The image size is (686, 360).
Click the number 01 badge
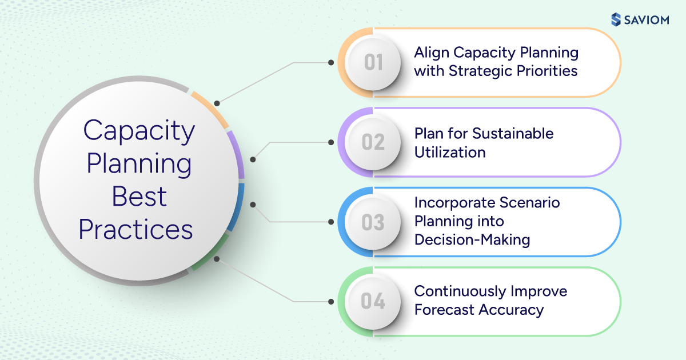[x=373, y=62]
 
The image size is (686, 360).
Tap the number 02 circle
[x=373, y=142]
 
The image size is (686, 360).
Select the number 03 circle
[x=373, y=222]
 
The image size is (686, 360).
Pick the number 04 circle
[x=373, y=302]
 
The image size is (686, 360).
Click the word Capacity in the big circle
[x=139, y=131]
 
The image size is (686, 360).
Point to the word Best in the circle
[x=139, y=197]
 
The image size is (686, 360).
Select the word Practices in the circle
[x=136, y=230]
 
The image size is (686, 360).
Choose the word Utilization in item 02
[x=450, y=152]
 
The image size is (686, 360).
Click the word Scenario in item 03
[x=531, y=203]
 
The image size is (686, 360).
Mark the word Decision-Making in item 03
[x=472, y=239]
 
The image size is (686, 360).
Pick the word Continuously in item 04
[x=461, y=291]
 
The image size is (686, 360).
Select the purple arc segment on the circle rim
[x=236, y=155]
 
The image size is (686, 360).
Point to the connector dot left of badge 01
[x=330, y=62]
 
